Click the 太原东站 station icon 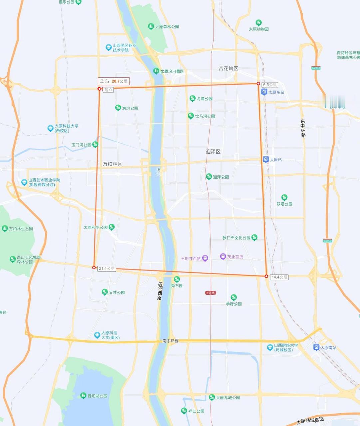click(x=264, y=92)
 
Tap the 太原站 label click(x=276, y=160)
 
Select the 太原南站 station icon click(x=316, y=347)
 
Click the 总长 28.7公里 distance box click(x=114, y=81)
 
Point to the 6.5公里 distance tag click(x=270, y=85)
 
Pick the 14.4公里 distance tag click(x=279, y=277)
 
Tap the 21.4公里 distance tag click(x=107, y=268)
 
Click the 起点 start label click(x=108, y=90)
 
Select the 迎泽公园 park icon click(x=209, y=176)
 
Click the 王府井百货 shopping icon click(x=205, y=258)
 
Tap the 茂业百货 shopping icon click(x=223, y=256)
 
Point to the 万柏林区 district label click(x=112, y=164)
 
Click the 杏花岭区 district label click(x=228, y=68)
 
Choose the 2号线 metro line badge click(x=210, y=293)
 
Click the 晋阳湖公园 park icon click(x=83, y=395)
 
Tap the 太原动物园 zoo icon click(x=259, y=23)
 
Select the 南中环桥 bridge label click(x=170, y=341)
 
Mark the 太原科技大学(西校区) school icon click(x=50, y=128)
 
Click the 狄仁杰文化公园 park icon click(x=255, y=237)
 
